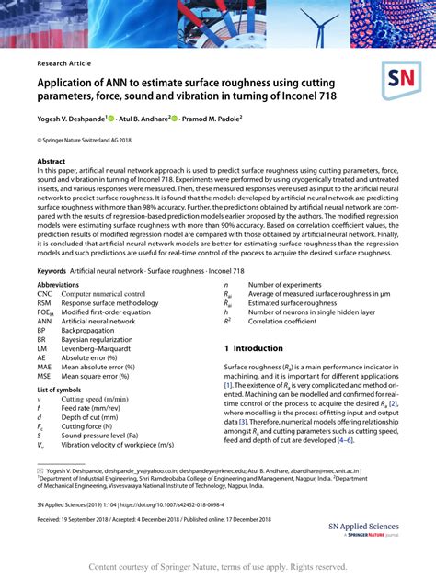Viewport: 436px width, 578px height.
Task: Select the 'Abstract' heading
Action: pos(52,160)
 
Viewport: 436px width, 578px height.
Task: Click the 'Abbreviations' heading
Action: pos(58,285)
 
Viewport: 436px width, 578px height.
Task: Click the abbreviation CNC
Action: pos(44,294)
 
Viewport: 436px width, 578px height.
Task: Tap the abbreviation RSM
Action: pos(44,303)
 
